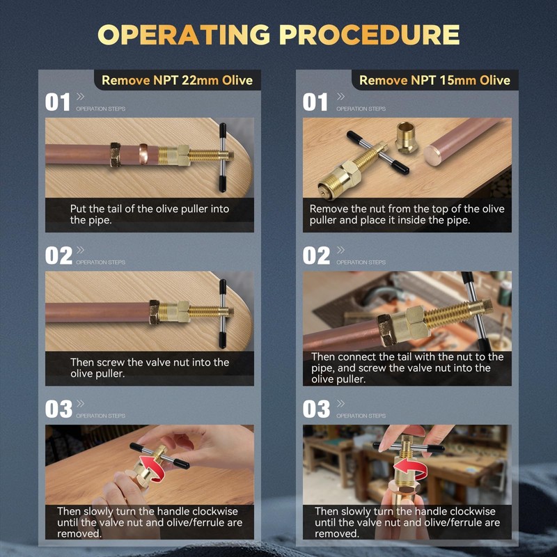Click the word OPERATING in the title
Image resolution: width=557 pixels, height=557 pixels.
[184, 34]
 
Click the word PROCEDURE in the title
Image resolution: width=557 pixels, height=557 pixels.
[370, 34]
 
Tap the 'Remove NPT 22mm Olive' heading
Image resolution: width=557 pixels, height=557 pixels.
[177, 80]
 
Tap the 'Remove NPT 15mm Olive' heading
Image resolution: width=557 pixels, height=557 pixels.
[434, 80]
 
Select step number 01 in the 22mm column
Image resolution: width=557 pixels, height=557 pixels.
[58, 102]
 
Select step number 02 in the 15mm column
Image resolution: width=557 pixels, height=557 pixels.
[316, 256]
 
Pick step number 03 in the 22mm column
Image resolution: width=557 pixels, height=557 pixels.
[58, 409]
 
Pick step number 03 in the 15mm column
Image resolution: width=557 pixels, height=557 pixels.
[316, 409]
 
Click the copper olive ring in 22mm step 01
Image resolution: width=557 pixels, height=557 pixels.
[143, 154]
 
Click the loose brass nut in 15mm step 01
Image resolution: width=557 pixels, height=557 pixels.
[406, 137]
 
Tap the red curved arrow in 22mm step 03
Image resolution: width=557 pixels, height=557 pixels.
[152, 468]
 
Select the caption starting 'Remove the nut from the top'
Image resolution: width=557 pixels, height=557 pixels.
[407, 214]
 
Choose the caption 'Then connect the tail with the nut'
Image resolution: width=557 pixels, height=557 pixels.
[407, 368]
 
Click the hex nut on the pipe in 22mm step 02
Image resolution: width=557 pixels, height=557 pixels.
[154, 312]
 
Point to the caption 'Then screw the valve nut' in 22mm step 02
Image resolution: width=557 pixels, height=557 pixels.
[150, 368]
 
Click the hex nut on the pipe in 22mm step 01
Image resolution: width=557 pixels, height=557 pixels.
[115, 155]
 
